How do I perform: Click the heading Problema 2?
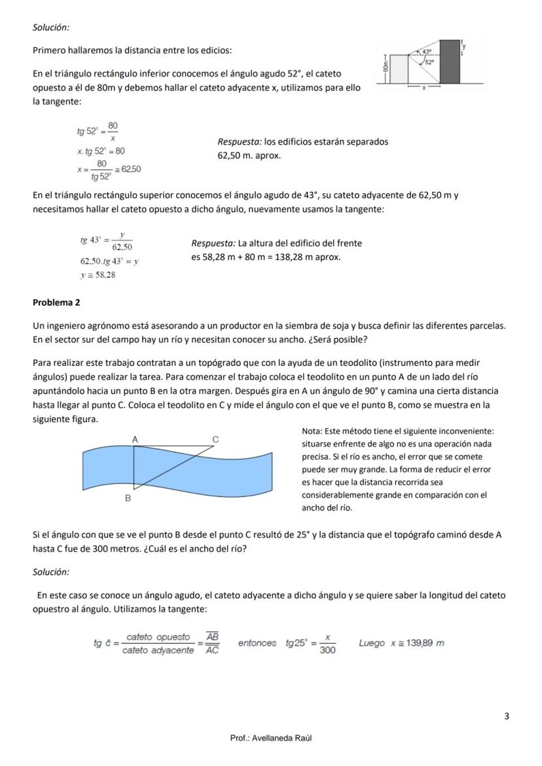[56, 302]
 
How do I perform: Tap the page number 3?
[507, 716]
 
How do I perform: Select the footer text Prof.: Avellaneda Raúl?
[271, 738]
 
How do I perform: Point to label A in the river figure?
[135, 440]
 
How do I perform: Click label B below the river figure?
[128, 498]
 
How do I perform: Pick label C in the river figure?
[215, 440]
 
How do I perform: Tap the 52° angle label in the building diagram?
[430, 62]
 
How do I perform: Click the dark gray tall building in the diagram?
[450, 62]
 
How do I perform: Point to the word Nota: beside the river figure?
[312, 431]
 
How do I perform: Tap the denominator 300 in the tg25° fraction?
[327, 650]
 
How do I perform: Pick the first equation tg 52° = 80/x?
[98, 132]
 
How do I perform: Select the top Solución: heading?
[51, 27]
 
